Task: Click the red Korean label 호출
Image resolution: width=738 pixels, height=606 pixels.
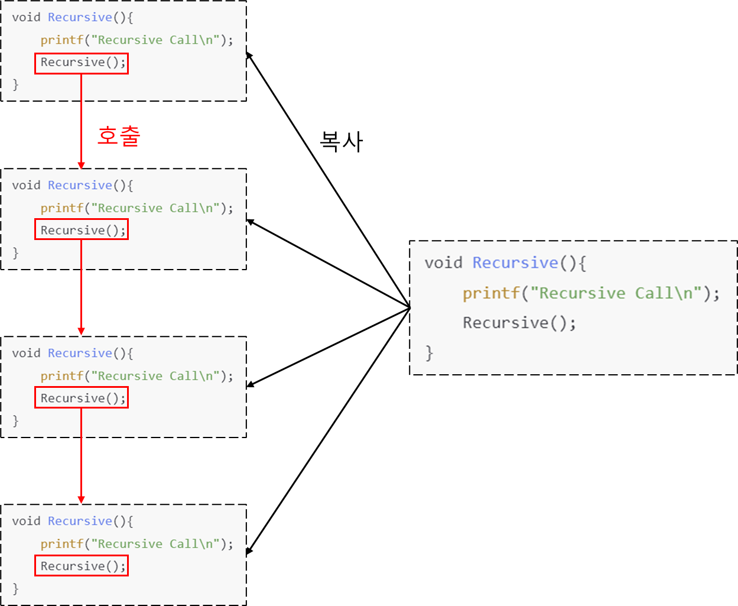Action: pos(119,137)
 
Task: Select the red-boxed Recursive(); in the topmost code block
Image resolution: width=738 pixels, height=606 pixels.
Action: pos(82,63)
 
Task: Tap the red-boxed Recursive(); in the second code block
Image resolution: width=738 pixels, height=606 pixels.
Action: pos(82,231)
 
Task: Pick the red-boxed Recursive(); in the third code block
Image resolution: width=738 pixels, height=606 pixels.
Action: pos(82,398)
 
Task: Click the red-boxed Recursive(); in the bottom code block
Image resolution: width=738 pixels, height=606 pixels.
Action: pos(82,566)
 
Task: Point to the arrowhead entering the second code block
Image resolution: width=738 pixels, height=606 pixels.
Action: pos(81,165)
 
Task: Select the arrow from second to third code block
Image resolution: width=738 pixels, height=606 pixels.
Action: pos(81,287)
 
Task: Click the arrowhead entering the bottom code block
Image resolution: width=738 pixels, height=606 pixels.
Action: pos(81,500)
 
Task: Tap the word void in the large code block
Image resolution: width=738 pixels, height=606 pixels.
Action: pos(443,263)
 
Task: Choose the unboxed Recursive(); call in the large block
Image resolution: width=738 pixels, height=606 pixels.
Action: pos(519,323)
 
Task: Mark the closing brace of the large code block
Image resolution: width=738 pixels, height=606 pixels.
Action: pos(429,353)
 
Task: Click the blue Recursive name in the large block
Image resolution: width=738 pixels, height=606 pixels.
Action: pos(515,263)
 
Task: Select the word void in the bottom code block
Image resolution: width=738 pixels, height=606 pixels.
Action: pos(27,521)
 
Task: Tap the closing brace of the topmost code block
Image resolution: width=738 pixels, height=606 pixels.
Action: pos(15,85)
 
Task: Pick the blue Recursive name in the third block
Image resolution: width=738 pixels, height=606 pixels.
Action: pos(80,353)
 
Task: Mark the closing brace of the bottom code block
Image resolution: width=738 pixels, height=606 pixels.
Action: pos(15,589)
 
